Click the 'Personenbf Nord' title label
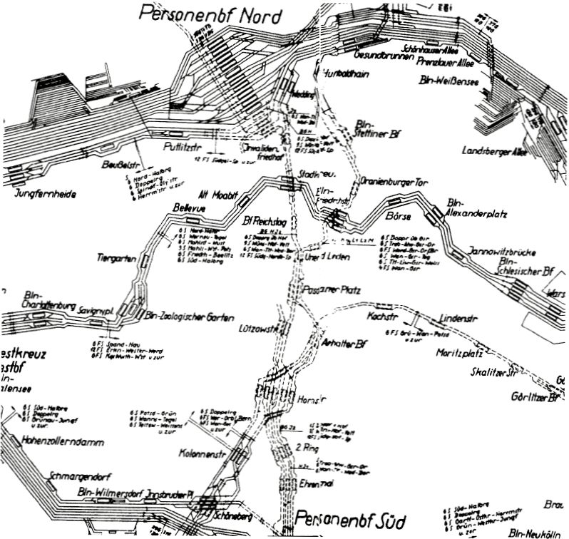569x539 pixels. click(x=211, y=14)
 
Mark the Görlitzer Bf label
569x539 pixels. click(x=528, y=397)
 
